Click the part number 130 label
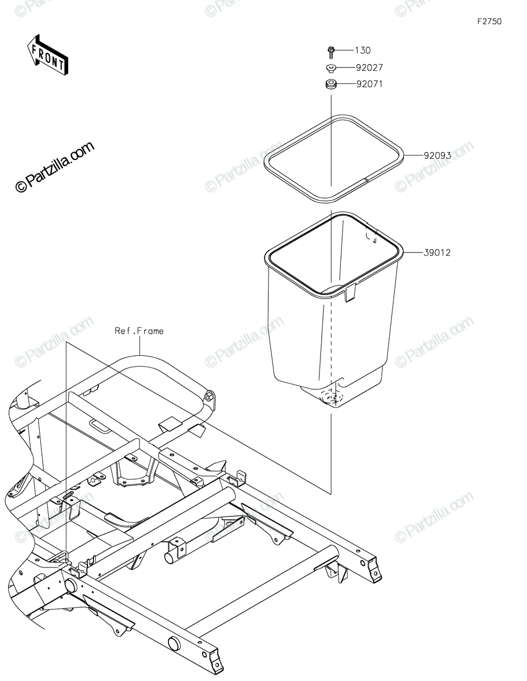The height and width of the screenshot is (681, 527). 363,51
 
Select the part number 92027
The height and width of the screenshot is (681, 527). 369,68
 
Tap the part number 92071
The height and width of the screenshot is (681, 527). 369,85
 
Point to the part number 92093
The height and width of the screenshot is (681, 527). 436,155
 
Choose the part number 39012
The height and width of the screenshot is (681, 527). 436,253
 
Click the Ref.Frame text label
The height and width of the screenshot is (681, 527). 139,331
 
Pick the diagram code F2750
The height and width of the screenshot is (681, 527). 489,22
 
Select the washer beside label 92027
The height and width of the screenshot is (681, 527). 331,69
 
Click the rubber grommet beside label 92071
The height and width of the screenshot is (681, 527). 331,85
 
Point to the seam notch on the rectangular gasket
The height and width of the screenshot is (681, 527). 367,180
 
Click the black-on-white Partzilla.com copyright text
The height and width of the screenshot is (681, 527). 54,167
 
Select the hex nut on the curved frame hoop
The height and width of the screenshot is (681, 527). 209,397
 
